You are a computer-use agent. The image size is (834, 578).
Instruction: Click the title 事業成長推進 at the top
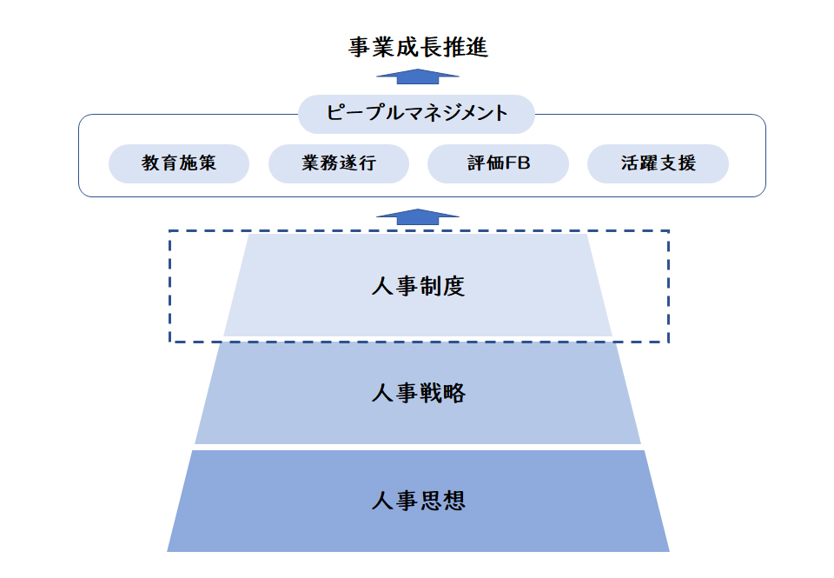[x=418, y=47]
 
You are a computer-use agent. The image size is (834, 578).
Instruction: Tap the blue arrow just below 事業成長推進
[x=418, y=76]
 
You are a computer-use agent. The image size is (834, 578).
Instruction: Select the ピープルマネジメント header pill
[x=416, y=114]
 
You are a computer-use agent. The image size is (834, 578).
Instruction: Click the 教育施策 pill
[x=179, y=163]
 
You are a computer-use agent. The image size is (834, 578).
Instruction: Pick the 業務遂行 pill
[x=339, y=163]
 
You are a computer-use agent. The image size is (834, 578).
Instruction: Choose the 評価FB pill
[x=498, y=163]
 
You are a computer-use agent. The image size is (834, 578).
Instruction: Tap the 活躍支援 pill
[x=658, y=163]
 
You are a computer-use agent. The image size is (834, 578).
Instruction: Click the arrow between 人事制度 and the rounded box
[x=418, y=216]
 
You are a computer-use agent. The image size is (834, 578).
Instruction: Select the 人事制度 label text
[x=418, y=286]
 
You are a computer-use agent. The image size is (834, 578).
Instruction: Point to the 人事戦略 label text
[x=418, y=393]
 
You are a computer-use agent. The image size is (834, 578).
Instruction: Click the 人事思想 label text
[x=418, y=501]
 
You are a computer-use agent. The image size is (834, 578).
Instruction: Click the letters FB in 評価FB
[x=520, y=163]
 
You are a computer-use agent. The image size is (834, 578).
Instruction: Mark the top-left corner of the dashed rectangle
[x=169, y=231]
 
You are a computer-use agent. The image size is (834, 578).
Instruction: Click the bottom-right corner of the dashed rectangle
[x=668, y=342]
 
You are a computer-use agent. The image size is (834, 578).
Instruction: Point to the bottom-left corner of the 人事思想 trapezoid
[x=169, y=550]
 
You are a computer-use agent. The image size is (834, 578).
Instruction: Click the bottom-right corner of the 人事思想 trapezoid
[x=669, y=550]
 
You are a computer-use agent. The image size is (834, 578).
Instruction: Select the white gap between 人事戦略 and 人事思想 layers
[x=418, y=447]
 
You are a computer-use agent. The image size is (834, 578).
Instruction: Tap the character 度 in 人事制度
[x=453, y=286]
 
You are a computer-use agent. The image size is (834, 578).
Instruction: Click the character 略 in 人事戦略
[x=453, y=393]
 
